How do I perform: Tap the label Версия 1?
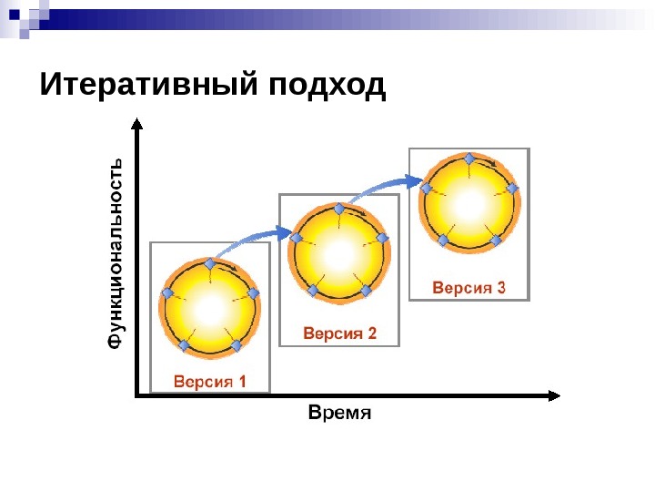point(210,381)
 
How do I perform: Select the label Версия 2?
point(339,333)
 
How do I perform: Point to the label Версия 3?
point(469,289)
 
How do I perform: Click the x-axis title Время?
point(340,413)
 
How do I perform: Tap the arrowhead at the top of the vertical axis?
point(136,121)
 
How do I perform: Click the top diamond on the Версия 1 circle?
point(210,263)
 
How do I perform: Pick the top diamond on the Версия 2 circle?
point(339,210)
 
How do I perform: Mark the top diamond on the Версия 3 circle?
point(469,159)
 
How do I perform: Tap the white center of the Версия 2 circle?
point(339,253)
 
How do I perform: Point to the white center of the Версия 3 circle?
point(469,204)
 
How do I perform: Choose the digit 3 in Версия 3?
point(500,289)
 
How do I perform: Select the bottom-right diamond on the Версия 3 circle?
point(497,240)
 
